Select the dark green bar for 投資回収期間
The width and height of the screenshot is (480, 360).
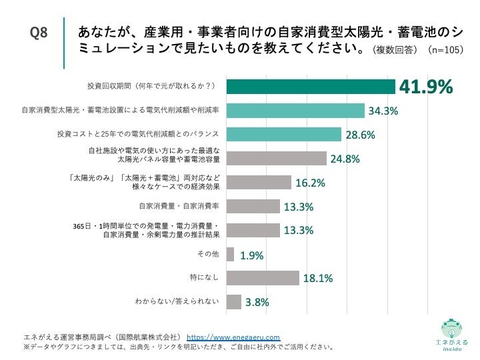pyautogui.click(x=311, y=87)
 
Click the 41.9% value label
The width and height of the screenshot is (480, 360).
pyautogui.click(x=425, y=87)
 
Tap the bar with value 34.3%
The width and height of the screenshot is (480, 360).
pyautogui.click(x=295, y=111)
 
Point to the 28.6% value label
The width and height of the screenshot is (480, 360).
pyautogui.click(x=360, y=135)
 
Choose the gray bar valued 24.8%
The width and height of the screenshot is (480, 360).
pyautogui.click(x=276, y=159)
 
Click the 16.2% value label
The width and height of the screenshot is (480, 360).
pyautogui.click(x=310, y=183)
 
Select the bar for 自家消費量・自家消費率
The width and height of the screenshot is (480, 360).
pyautogui.click(x=253, y=207)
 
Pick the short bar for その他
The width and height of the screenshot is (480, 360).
pyautogui.click(x=230, y=255)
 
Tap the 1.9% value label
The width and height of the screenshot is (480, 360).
pyautogui.click(x=252, y=255)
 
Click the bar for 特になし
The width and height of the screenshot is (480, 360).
pyautogui.click(x=263, y=278)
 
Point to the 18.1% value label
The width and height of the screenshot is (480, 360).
pyautogui.click(x=317, y=279)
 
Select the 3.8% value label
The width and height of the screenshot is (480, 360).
pyautogui.click(x=257, y=303)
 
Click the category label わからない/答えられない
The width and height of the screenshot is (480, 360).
pyautogui.click(x=177, y=302)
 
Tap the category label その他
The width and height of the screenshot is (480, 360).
pyautogui.click(x=208, y=254)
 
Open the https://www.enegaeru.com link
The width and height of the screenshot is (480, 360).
pyautogui.click(x=233, y=337)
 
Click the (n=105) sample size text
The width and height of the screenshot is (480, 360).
pyautogui.click(x=445, y=50)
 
